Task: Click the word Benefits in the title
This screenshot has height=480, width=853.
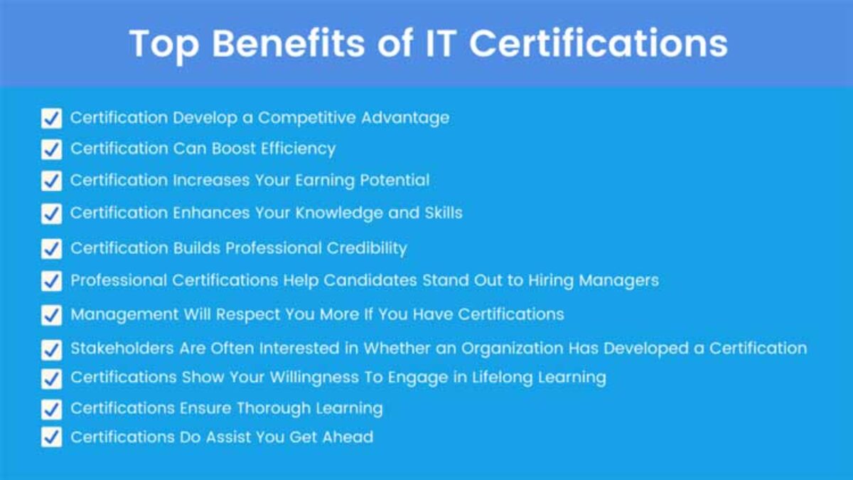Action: (x=289, y=43)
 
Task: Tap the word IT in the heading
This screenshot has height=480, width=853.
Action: (x=441, y=43)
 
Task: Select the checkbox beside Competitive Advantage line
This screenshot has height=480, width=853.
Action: (x=51, y=118)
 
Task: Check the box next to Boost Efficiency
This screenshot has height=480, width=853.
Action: (x=51, y=149)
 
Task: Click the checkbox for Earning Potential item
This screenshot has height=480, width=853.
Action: (x=51, y=181)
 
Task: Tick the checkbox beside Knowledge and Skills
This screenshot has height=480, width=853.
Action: (x=51, y=213)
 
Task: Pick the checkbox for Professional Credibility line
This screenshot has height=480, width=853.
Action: (x=51, y=249)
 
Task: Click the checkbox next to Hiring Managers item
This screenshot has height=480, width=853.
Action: (x=51, y=281)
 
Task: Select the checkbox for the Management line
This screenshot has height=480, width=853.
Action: (x=51, y=315)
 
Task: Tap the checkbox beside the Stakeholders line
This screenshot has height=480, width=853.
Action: (x=51, y=350)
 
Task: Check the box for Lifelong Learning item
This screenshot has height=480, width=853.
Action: (x=51, y=378)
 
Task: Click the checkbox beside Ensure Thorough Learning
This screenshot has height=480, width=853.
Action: (x=51, y=409)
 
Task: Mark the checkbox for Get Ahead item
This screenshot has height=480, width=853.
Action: (x=51, y=437)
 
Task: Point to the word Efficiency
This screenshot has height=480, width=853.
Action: (x=298, y=149)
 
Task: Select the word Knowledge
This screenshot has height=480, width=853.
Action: (x=339, y=213)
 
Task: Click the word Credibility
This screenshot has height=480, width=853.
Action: (x=367, y=249)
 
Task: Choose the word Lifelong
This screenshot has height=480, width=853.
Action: (x=503, y=378)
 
